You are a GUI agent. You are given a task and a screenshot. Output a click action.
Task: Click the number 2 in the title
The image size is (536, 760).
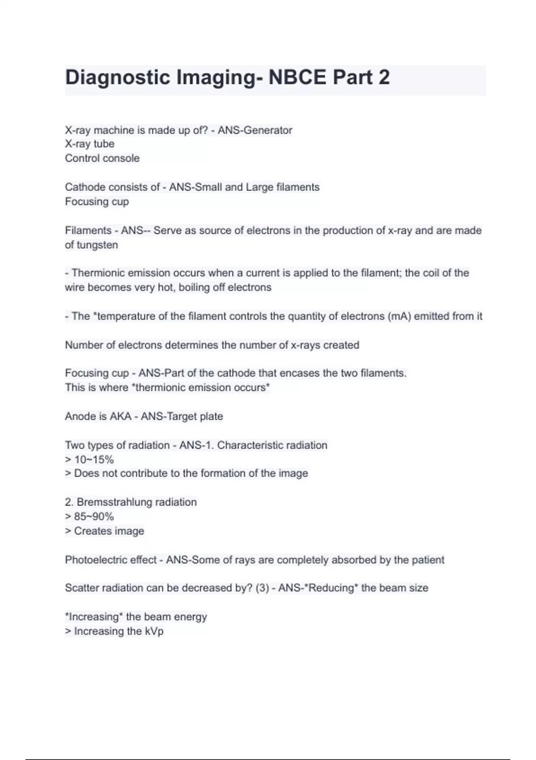point(384,77)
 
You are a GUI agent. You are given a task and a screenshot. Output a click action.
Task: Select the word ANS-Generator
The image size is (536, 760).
point(255,130)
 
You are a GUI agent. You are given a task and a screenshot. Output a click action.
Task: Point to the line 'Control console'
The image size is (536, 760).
point(102,158)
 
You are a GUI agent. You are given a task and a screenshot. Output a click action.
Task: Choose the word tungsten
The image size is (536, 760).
point(97,245)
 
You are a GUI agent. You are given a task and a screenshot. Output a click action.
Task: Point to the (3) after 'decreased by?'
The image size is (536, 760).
point(262,588)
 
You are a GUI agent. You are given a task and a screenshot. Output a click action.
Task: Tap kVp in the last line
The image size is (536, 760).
point(154,631)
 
